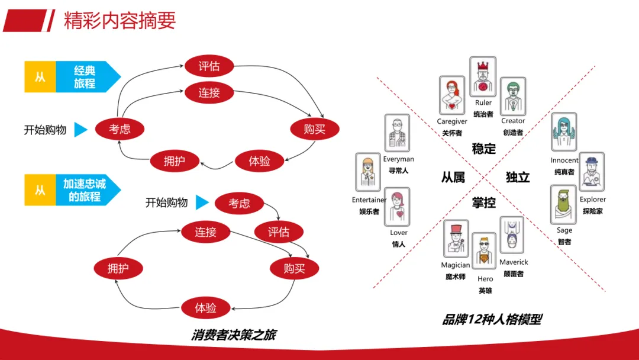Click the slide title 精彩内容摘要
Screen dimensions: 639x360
click(120, 20)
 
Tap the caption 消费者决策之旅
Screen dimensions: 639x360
click(234, 335)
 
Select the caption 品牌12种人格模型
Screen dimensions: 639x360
click(492, 319)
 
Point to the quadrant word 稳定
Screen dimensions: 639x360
click(484, 149)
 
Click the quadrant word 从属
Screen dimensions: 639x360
click(453, 177)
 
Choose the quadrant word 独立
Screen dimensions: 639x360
click(518, 177)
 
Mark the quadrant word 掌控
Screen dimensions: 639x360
click(484, 202)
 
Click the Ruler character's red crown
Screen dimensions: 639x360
click(483, 66)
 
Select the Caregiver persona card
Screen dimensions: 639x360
click(452, 95)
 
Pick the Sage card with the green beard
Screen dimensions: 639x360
click(563, 205)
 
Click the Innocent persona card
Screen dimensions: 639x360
click(564, 132)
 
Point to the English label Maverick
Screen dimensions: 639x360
click(514, 262)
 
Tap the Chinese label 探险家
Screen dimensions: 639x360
click(592, 211)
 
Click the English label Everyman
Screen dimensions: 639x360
click(399, 159)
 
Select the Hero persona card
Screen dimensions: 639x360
click(484, 251)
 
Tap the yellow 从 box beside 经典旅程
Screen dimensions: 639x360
click(40, 76)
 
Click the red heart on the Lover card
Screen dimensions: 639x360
click(400, 214)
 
